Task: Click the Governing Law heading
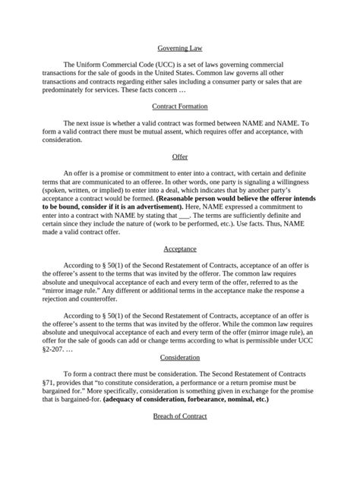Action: coord(180,48)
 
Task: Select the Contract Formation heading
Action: coord(180,106)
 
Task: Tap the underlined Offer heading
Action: coord(180,157)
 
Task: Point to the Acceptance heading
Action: coord(180,248)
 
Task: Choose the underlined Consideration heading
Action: coord(180,357)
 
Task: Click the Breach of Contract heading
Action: coord(180,416)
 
